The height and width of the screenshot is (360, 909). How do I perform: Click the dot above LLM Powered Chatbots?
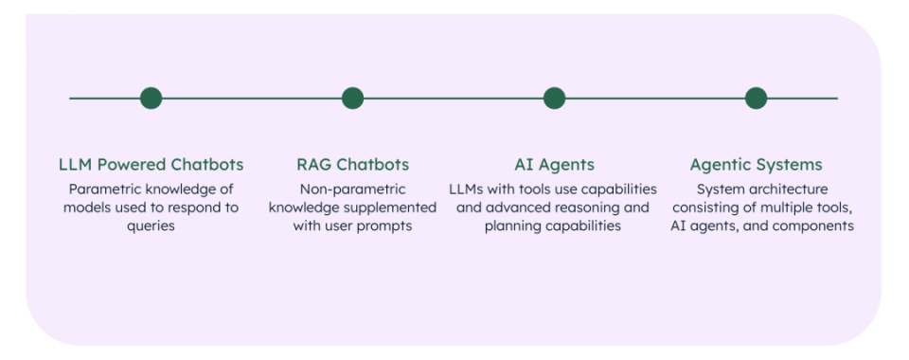[x=151, y=98]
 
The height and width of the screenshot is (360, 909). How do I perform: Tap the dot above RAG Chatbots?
[x=352, y=98]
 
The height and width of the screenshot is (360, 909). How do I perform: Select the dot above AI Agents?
[x=554, y=98]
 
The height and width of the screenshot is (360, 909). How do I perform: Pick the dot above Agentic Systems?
[x=756, y=98]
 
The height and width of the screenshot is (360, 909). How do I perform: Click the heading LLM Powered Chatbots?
[x=151, y=165]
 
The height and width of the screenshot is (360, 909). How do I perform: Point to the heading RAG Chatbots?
[x=352, y=165]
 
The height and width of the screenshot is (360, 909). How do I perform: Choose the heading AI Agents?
[x=554, y=165]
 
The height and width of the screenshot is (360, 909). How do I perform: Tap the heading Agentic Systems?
[x=756, y=165]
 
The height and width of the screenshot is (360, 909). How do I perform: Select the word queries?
[x=151, y=226]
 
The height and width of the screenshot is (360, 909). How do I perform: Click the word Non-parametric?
[x=352, y=189]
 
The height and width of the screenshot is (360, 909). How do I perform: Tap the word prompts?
[x=387, y=226]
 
